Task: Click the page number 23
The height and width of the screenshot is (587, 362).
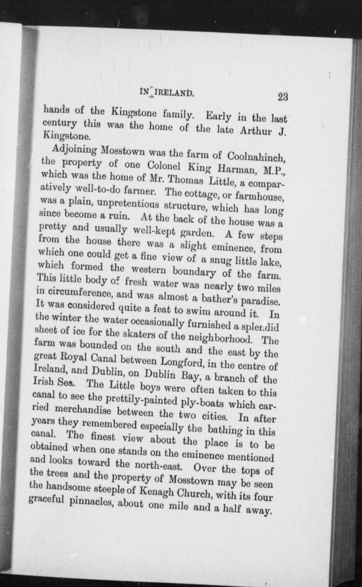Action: [283, 97]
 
